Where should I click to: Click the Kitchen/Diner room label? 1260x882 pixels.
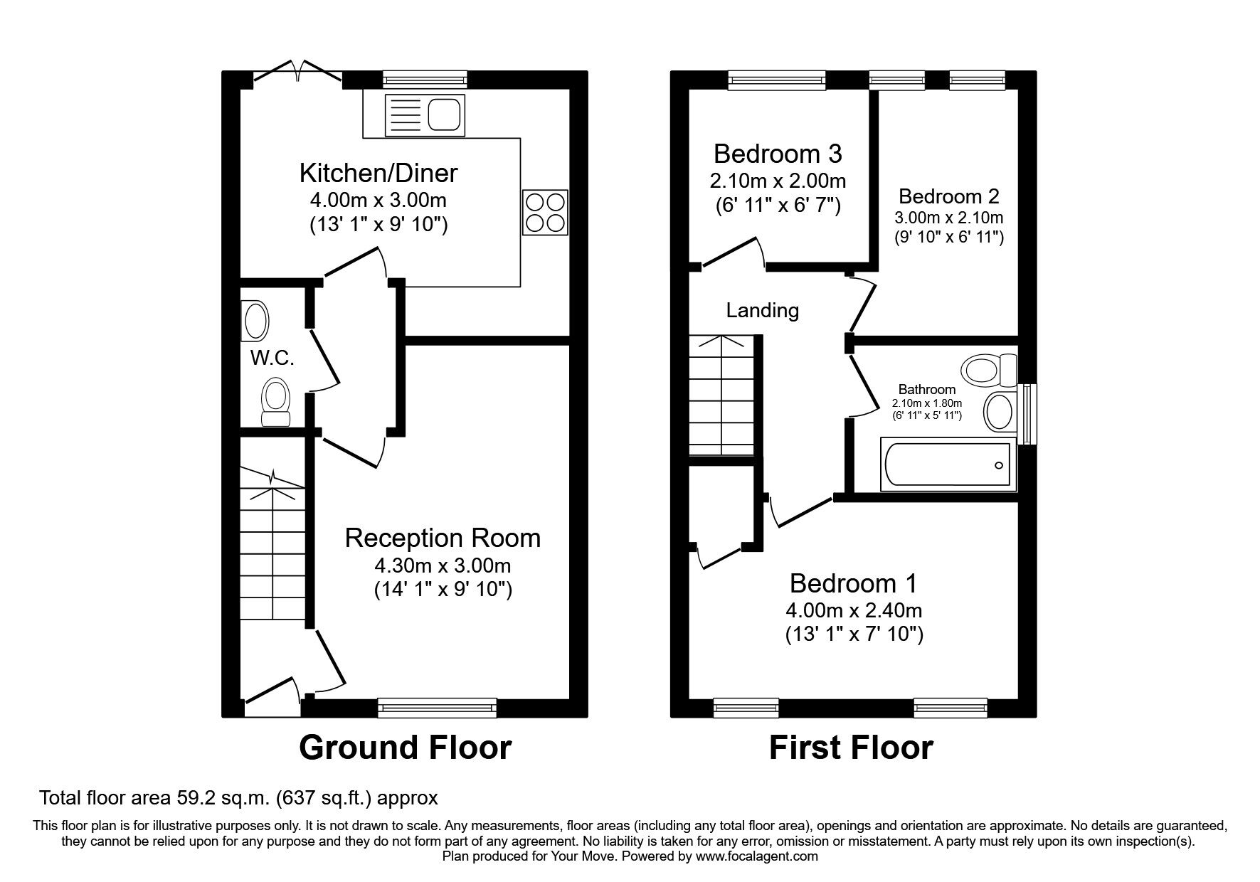pos(378,173)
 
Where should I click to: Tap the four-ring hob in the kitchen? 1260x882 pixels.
pos(546,212)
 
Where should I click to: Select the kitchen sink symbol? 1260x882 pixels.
pos(424,114)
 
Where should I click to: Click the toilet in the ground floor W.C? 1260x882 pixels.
pos(275,402)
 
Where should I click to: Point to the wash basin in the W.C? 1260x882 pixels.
pos(255,320)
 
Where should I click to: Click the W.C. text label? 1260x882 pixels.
pos(272,358)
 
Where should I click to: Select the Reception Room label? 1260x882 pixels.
pos(443,538)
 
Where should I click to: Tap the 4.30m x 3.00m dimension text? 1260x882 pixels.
pos(443,566)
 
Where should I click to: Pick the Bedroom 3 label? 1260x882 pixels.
pos(778,153)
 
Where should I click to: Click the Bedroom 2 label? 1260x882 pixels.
pos(948,196)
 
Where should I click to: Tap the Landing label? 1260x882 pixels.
pos(762,310)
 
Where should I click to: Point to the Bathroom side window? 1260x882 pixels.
pos(1027,414)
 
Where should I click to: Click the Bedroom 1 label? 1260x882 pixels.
pos(853,583)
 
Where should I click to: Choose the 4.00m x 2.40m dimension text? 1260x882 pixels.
pos(853,610)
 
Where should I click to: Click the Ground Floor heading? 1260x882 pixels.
pos(405,748)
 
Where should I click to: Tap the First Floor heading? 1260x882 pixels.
pos(851,748)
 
